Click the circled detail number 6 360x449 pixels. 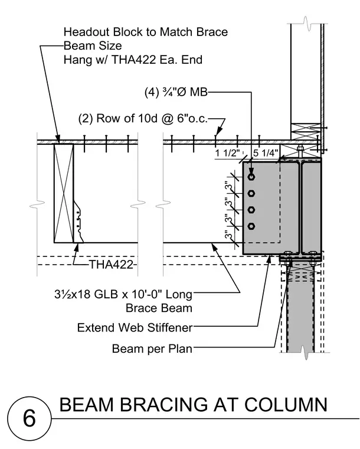[x=29, y=418]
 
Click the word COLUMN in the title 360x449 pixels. [x=286, y=405]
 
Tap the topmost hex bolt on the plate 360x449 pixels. [x=251, y=177]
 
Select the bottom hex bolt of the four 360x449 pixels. [x=251, y=226]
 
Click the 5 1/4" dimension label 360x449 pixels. [x=266, y=153]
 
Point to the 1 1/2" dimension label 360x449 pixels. [x=227, y=153]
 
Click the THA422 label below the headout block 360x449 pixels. [x=112, y=264]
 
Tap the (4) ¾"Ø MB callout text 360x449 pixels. [x=176, y=92]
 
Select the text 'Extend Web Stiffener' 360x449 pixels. [x=135, y=327]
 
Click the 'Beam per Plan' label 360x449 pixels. [x=152, y=349]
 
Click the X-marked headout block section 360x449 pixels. [x=64, y=193]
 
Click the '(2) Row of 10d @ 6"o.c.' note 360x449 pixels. [x=143, y=118]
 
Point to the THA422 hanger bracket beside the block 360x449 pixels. [x=78, y=221]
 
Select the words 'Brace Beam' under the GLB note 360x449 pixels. [x=159, y=308]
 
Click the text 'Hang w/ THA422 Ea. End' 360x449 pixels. [x=133, y=60]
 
